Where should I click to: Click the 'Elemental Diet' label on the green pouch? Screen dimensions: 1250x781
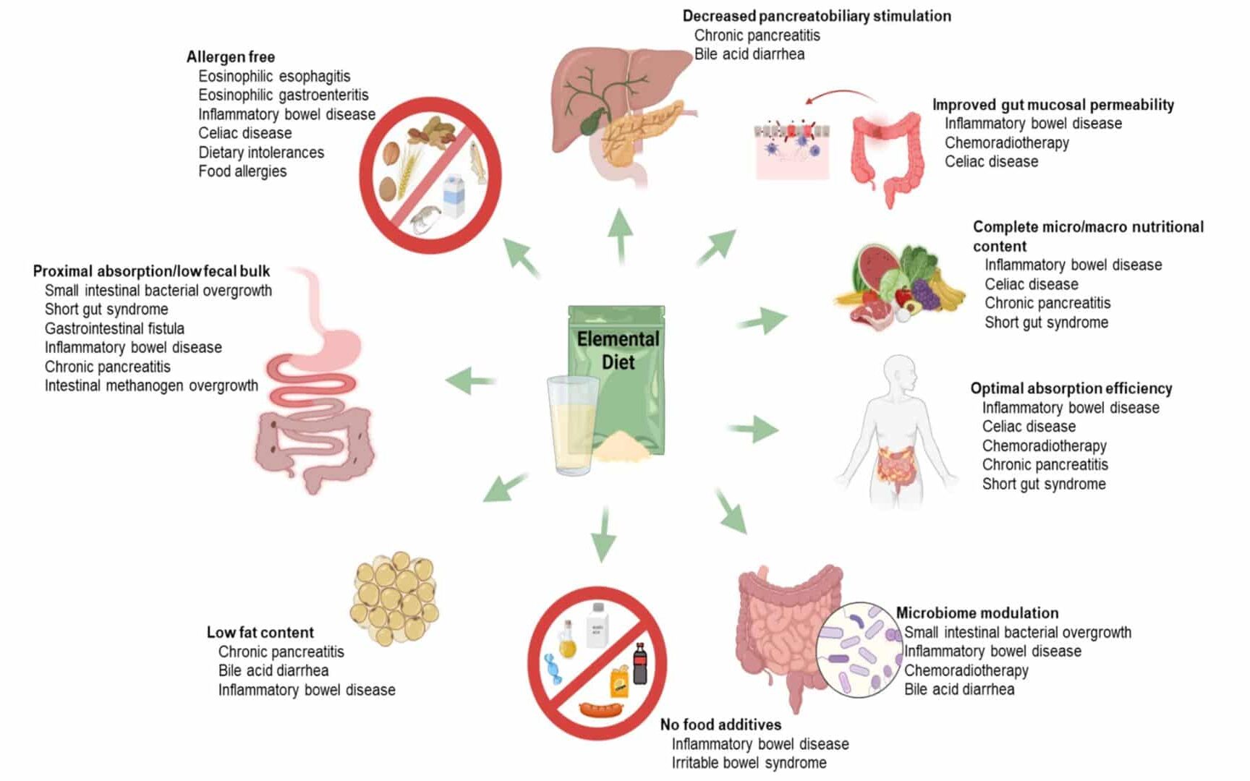click(618, 350)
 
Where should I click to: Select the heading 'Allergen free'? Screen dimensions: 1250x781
click(230, 57)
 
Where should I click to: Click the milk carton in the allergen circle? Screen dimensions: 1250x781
click(454, 196)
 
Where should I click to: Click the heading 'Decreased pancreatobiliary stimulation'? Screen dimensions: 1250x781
click(817, 16)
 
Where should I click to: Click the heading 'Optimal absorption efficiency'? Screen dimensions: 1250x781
click(1071, 388)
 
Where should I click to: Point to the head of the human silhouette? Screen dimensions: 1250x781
click(899, 372)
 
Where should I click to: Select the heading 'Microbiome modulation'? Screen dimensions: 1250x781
click(977, 613)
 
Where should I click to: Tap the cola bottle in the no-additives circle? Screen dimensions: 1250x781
click(639, 663)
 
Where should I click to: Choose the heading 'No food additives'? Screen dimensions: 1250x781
click(720, 725)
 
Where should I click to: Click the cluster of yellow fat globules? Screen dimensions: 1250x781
click(395, 599)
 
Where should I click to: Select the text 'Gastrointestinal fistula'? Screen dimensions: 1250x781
click(114, 328)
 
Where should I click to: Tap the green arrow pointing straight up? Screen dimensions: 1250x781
click(620, 236)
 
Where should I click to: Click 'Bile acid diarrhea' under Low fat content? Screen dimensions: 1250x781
click(273, 670)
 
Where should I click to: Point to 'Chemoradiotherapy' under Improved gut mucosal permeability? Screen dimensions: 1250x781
click(1006, 142)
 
